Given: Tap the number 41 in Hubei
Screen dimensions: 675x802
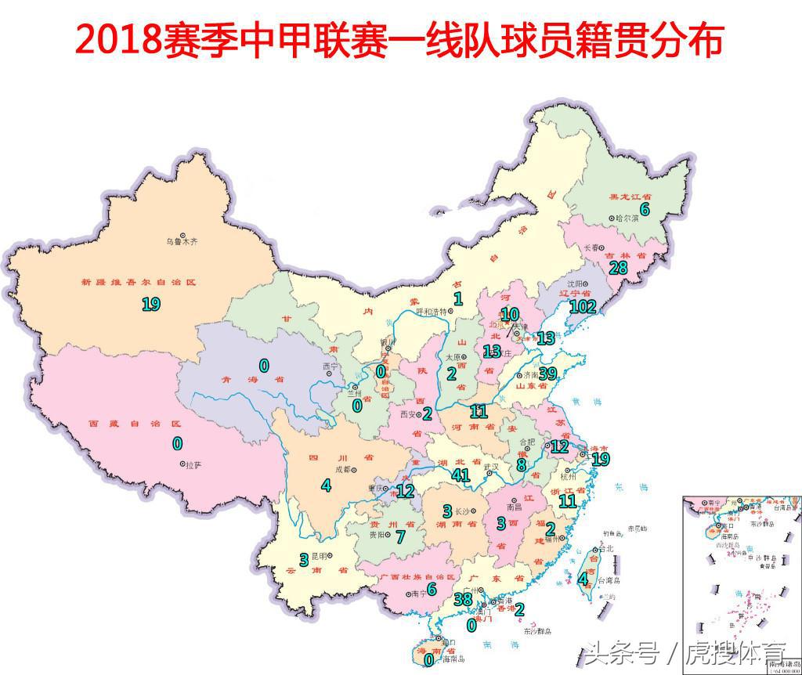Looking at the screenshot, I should point(460,475).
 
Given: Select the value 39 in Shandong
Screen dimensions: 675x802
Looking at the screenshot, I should point(547,374).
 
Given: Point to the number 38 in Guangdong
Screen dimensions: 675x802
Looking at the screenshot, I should point(463,599).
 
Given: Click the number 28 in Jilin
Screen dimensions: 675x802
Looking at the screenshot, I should point(620,267).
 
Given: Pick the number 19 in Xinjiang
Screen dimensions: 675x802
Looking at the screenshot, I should point(151,304).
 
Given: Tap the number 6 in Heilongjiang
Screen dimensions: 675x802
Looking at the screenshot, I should point(645,209).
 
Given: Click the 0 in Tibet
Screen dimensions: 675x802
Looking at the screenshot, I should point(178,443).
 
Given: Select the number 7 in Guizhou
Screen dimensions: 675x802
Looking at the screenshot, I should point(400,537).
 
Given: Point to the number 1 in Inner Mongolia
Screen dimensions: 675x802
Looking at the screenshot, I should point(458,298).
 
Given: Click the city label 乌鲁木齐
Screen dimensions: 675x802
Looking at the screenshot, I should point(182,242).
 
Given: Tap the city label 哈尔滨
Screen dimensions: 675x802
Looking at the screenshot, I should point(627,218).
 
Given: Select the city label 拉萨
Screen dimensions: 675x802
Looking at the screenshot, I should point(193,464).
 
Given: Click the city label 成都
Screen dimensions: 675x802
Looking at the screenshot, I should point(344,471).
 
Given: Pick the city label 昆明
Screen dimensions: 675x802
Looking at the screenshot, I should point(319,557).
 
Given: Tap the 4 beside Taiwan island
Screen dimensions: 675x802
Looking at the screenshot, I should point(582,579).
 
